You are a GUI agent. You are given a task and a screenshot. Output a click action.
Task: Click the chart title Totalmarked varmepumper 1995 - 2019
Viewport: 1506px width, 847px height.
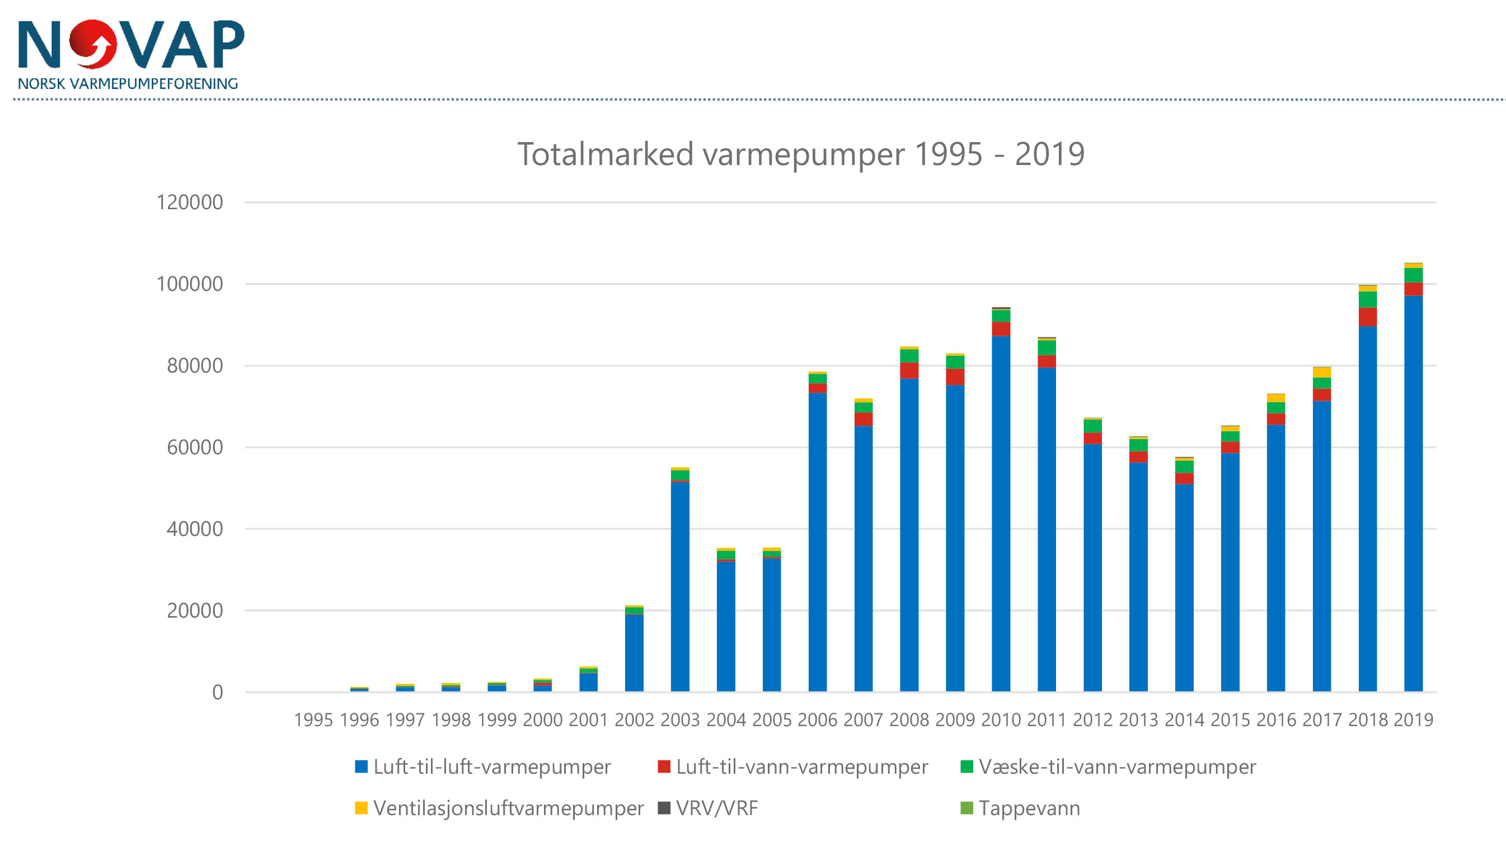pyautogui.click(x=800, y=154)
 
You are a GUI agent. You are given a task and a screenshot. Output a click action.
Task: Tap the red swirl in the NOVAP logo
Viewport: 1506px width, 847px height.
pyautogui.click(x=93, y=44)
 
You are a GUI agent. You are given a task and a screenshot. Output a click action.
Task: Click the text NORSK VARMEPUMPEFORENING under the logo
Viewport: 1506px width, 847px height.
pyautogui.click(x=128, y=83)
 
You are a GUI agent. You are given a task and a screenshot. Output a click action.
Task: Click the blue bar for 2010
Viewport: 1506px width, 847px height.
pyautogui.click(x=1001, y=514)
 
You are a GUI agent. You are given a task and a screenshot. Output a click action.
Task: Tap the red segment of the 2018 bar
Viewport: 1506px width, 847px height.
pyautogui.click(x=1367, y=317)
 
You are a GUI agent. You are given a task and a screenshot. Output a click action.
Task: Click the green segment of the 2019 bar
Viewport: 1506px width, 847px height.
pyautogui.click(x=1413, y=275)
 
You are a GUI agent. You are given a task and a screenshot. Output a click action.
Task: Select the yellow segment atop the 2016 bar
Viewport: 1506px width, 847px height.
pyautogui.click(x=1275, y=398)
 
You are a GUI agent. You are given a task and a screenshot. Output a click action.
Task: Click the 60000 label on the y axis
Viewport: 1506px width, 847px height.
pyautogui.click(x=195, y=447)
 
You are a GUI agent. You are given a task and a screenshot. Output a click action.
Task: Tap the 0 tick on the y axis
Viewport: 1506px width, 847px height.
pyautogui.click(x=218, y=692)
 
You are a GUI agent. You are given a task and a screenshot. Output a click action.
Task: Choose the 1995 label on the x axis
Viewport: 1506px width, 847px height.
pyautogui.click(x=313, y=719)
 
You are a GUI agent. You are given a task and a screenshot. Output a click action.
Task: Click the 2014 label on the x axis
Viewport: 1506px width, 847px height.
pyautogui.click(x=1184, y=719)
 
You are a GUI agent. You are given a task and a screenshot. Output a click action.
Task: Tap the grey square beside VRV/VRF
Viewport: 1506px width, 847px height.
pyautogui.click(x=664, y=808)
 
